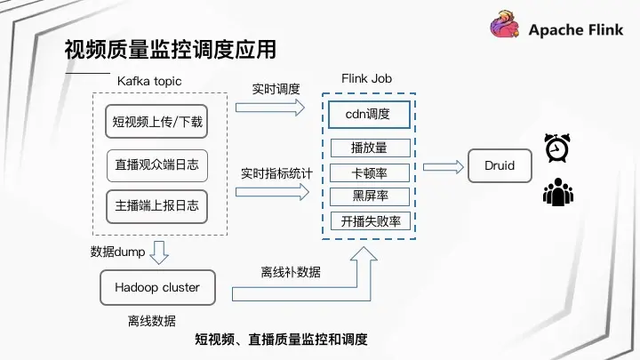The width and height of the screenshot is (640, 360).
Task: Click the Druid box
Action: pyautogui.click(x=500, y=166)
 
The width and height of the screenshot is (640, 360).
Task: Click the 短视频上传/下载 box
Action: pyautogui.click(x=157, y=122)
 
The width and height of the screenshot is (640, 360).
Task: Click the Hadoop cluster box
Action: pyautogui.click(x=157, y=288)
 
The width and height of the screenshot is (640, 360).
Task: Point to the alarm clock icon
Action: pyautogui.click(x=557, y=148)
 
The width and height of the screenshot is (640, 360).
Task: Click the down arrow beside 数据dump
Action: pyautogui.click(x=159, y=253)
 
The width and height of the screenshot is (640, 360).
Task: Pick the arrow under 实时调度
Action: pyautogui.click(x=269, y=108)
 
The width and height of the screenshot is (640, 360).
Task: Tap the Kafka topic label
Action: pyautogui.click(x=149, y=81)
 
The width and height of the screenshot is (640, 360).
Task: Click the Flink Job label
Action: pyautogui.click(x=366, y=78)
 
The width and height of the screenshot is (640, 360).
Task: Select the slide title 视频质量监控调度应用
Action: pyautogui.click(x=170, y=49)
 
